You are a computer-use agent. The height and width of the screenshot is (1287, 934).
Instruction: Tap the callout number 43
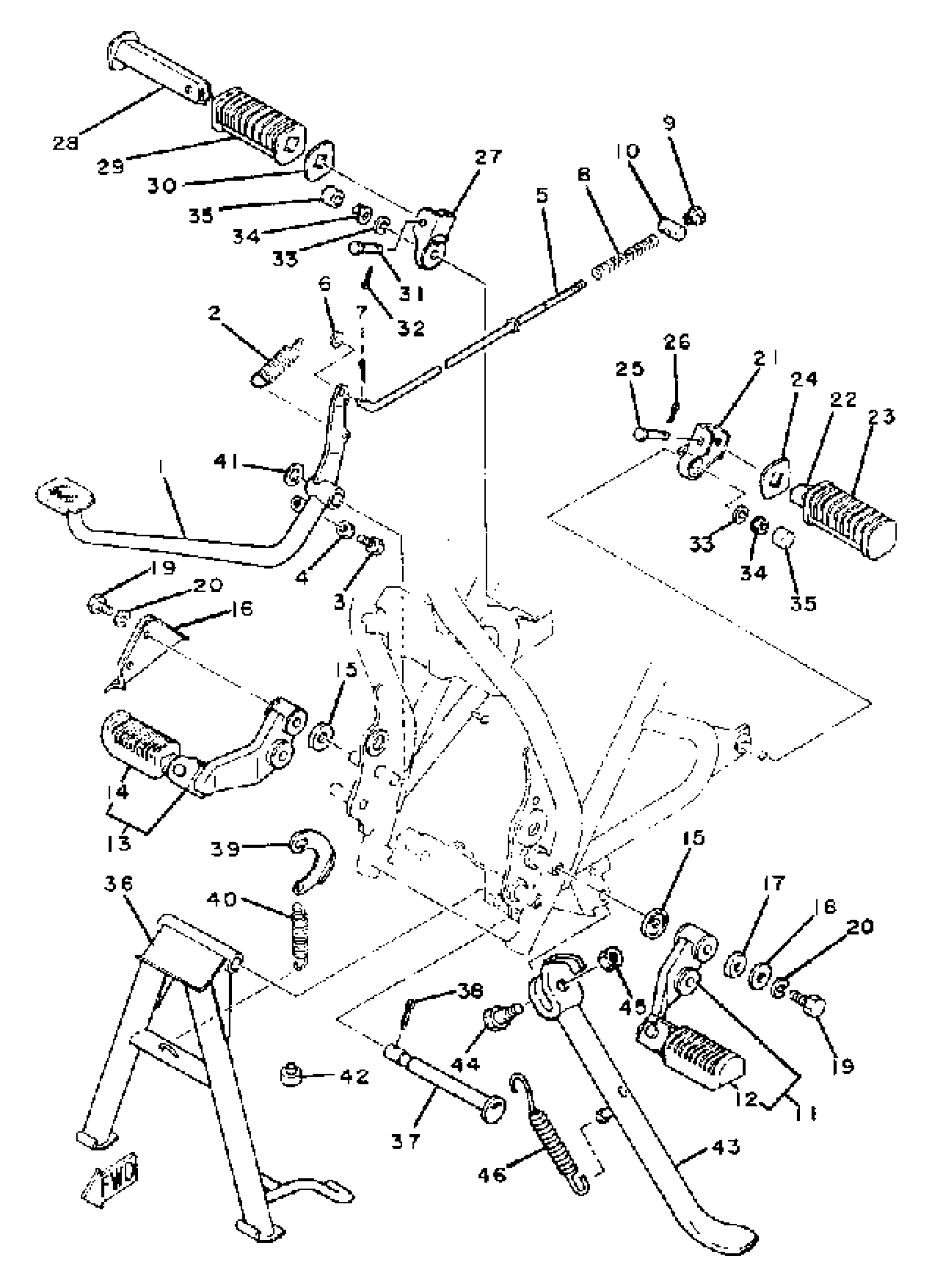tap(725, 1147)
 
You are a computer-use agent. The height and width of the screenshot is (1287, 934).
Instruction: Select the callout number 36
tap(119, 884)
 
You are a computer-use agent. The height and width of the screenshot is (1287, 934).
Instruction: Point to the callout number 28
tap(65, 143)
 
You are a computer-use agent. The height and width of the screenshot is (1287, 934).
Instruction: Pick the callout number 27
tap(488, 157)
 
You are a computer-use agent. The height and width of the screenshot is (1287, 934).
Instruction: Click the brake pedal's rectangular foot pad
tap(65, 495)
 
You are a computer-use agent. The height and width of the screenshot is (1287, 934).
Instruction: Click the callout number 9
tap(670, 123)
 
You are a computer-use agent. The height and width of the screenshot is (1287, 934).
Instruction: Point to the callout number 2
tap(214, 313)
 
